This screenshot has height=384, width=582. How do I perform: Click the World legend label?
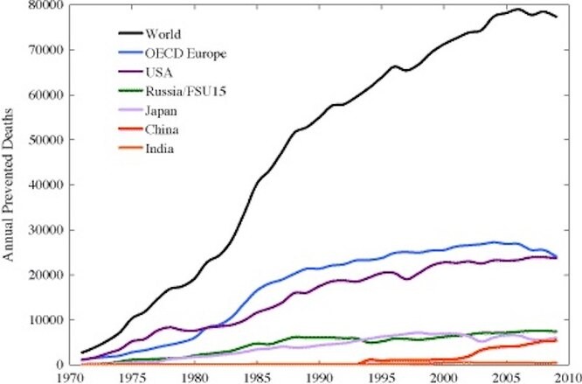[165, 35]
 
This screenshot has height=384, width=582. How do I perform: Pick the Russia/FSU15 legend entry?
[187, 91]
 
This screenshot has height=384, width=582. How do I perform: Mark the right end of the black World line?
[557, 17]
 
